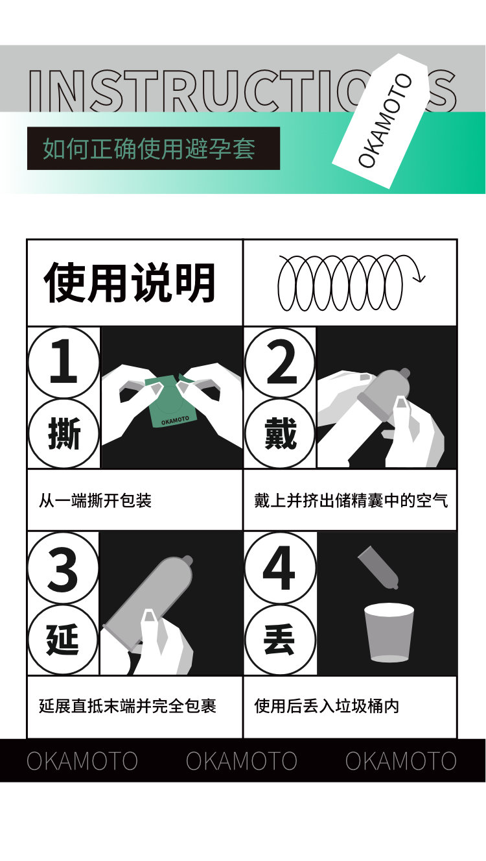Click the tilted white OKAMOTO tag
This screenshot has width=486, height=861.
point(380,121)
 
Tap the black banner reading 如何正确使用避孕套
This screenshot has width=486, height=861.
point(153,149)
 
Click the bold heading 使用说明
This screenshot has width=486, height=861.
point(130,282)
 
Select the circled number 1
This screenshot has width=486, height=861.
point(64,362)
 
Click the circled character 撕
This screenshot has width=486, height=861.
point(64,433)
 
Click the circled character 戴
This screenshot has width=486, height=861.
point(280,433)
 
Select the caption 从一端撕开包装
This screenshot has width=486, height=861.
point(95,500)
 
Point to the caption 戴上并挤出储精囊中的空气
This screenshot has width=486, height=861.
point(351,500)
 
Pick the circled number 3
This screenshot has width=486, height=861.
point(63,568)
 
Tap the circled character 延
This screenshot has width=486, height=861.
point(63,640)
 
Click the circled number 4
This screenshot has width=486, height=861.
point(280,568)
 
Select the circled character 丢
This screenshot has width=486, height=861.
point(280,640)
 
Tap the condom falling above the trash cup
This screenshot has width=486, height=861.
point(378,567)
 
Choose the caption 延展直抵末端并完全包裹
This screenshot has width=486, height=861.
point(128,706)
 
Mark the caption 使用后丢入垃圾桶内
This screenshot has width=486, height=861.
point(327,706)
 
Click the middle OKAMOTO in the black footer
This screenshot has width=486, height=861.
point(242,760)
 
